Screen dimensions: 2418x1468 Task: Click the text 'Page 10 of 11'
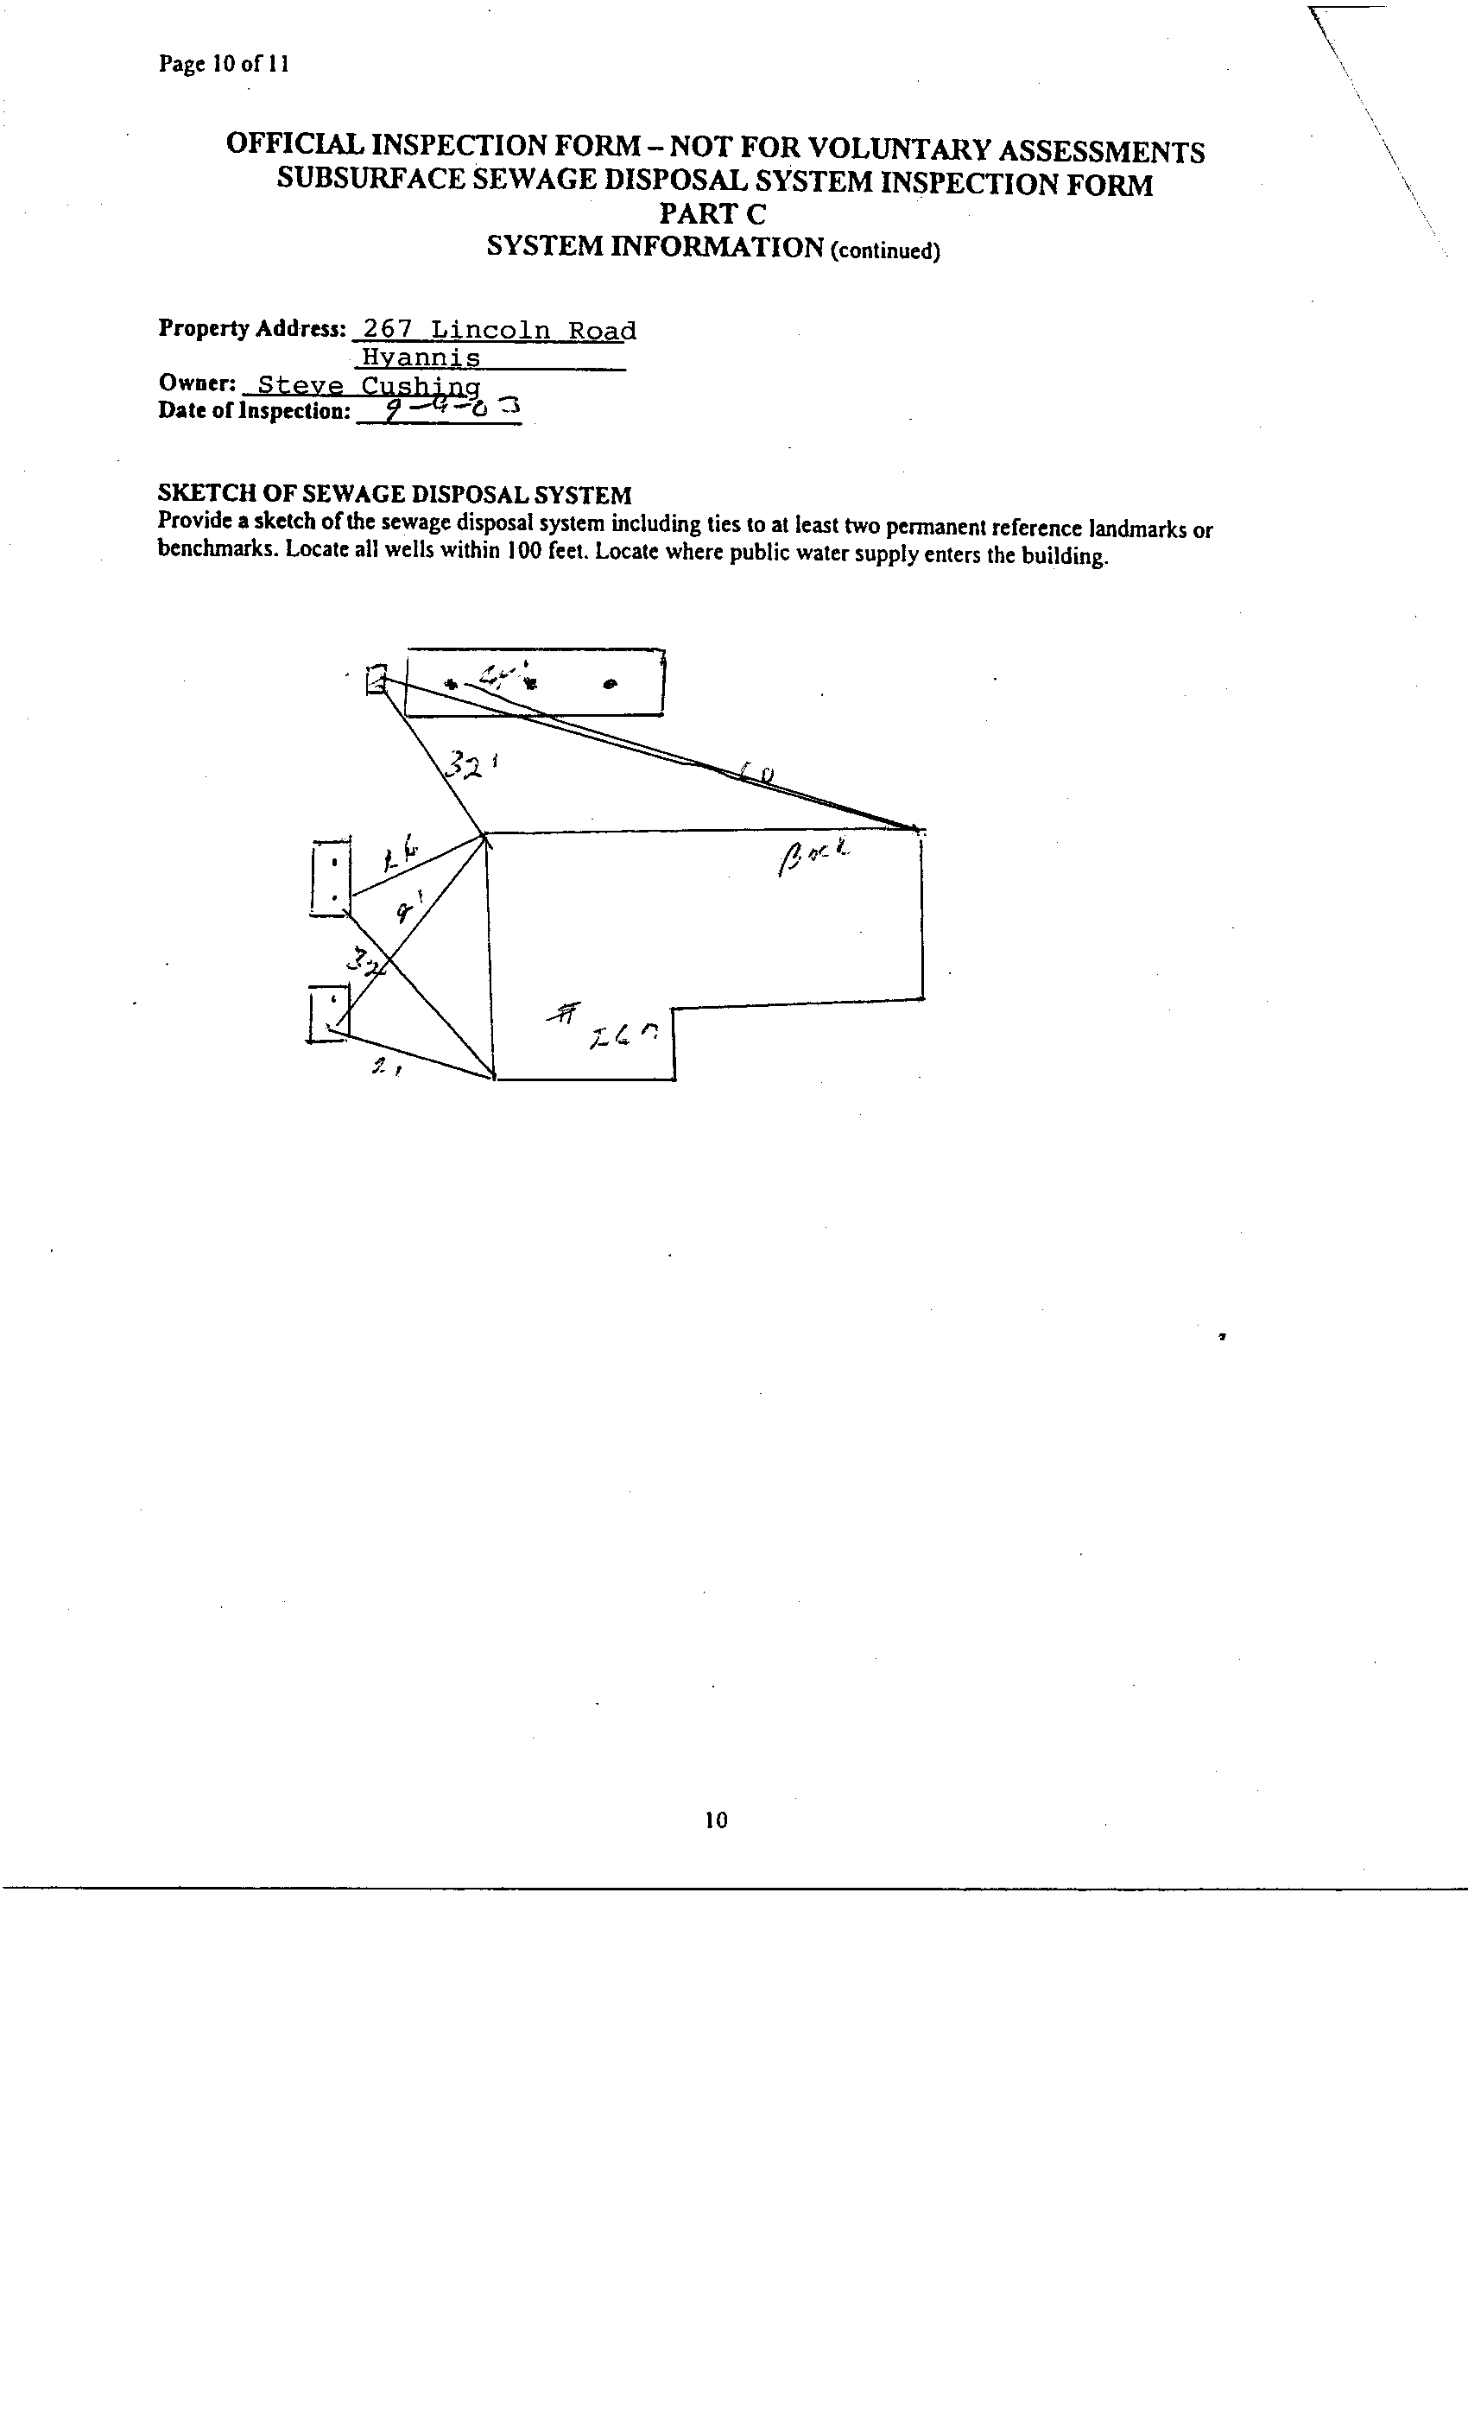(x=223, y=65)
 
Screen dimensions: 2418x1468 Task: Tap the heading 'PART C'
(x=712, y=214)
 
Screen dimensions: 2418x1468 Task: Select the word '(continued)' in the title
(x=885, y=251)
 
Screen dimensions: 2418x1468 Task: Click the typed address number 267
(x=387, y=330)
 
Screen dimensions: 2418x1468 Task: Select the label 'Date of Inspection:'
(x=254, y=411)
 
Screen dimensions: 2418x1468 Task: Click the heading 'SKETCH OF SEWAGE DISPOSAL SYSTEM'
(x=395, y=495)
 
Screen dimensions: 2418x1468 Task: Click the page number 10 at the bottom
(x=717, y=1820)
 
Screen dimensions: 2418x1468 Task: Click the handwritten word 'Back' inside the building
(x=813, y=858)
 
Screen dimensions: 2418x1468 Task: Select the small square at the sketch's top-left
(x=376, y=679)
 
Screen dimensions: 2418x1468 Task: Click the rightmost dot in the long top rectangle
(x=611, y=685)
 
